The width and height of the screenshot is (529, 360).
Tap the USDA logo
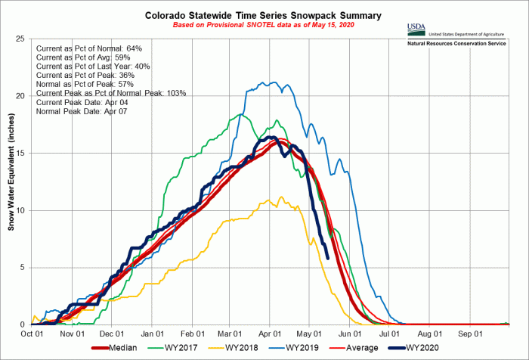click(x=416, y=30)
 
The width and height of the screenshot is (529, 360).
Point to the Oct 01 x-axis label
click(x=31, y=334)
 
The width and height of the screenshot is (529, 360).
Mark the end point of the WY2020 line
click(x=327, y=257)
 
